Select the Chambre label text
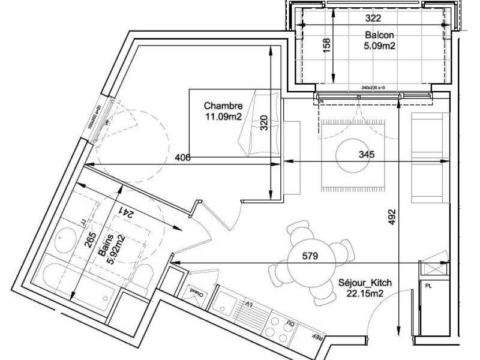[x=223, y=107]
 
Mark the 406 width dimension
[x=184, y=158]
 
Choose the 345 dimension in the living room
[x=366, y=155]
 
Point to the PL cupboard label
[x=428, y=286]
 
